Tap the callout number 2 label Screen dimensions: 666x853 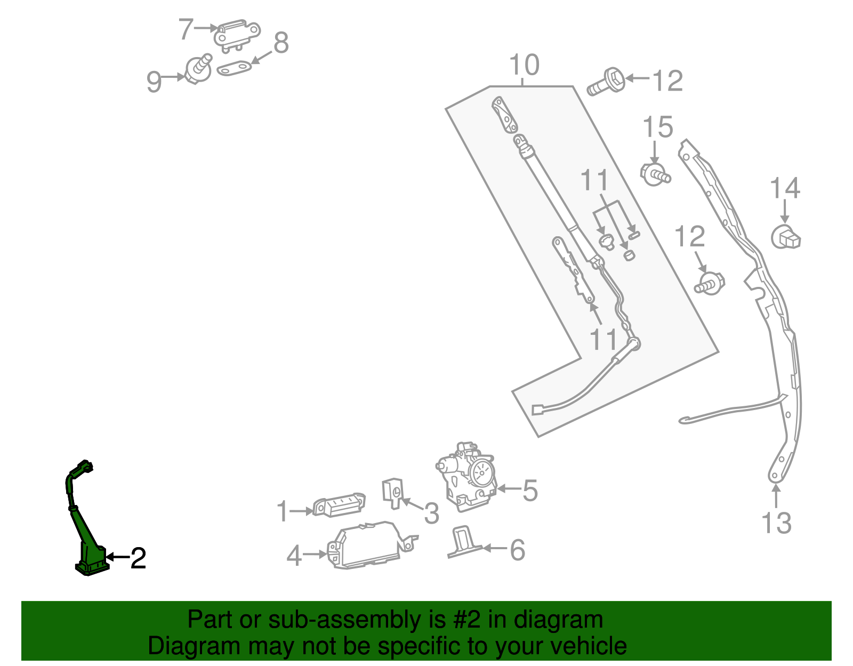pos(138,558)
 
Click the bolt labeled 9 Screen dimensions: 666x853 pos(198,69)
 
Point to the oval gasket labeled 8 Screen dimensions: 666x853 pos(234,68)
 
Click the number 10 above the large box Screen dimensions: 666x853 pos(524,65)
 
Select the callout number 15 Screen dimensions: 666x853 pos(657,128)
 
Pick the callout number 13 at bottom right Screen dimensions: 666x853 pos(776,523)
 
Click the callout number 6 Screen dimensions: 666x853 pos(517,550)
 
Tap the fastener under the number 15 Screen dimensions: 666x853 pos(655,173)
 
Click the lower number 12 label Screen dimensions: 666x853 pos(689,237)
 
